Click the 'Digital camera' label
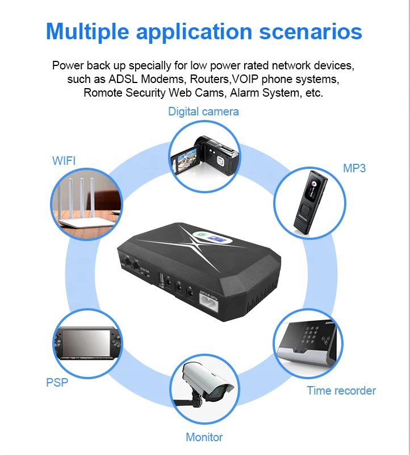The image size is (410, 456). click(x=203, y=111)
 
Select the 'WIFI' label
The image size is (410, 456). click(x=64, y=161)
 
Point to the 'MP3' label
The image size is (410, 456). click(x=354, y=168)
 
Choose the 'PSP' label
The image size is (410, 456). click(x=57, y=382)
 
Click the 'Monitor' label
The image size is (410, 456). click(x=204, y=437)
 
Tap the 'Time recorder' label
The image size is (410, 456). click(x=341, y=391)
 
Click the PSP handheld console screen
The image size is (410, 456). click(x=86, y=343)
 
